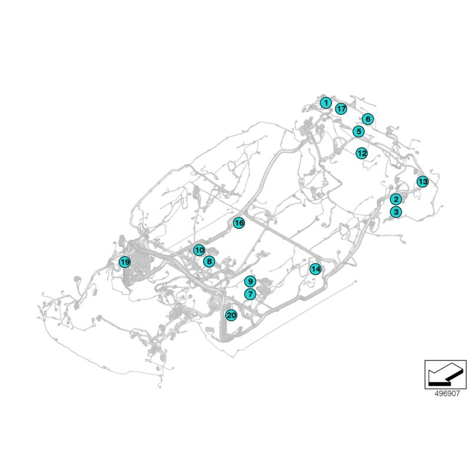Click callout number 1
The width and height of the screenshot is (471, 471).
pyautogui.click(x=326, y=103)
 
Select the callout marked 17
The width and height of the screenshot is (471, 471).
pyautogui.click(x=341, y=109)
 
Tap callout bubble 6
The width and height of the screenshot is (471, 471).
pyautogui.click(x=367, y=119)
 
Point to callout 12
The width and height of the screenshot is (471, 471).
pyautogui.click(x=361, y=153)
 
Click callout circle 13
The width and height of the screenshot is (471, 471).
pyautogui.click(x=422, y=181)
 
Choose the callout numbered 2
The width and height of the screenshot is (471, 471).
pyautogui.click(x=396, y=200)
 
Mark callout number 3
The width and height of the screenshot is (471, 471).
pyautogui.click(x=396, y=212)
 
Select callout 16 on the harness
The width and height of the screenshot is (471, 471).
pyautogui.click(x=238, y=223)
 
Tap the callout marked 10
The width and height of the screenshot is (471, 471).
pyautogui.click(x=199, y=250)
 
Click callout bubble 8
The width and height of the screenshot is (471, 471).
pyautogui.click(x=208, y=261)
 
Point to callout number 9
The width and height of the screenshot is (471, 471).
pyautogui.click(x=250, y=281)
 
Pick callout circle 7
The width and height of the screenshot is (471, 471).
pyautogui.click(x=250, y=294)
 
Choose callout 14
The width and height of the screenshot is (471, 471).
pyautogui.click(x=316, y=269)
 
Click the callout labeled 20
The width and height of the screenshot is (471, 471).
pyautogui.click(x=231, y=316)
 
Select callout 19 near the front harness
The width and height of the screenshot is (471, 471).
pyautogui.click(x=124, y=263)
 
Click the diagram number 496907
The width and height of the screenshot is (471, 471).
pyautogui.click(x=445, y=394)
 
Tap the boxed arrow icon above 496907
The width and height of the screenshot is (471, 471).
pyautogui.click(x=445, y=374)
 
